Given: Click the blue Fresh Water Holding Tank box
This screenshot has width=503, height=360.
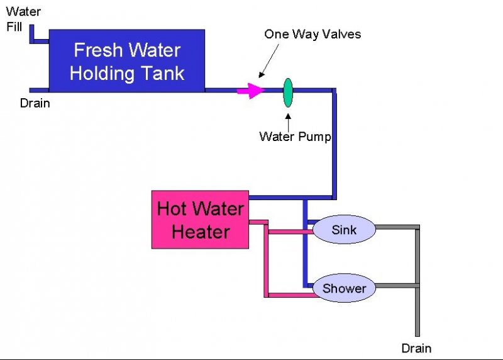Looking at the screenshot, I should tap(126, 60).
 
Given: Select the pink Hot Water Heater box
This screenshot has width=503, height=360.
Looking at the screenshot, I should tap(200, 219).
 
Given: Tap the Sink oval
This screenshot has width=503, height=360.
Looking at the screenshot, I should tap(344, 230).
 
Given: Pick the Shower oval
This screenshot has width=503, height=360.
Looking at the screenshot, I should tap(344, 289).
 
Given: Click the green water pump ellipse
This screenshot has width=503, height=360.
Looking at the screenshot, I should tap(287, 92).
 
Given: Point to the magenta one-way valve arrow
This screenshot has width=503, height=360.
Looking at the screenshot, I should tap(250, 91).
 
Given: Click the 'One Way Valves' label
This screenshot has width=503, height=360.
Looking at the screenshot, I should tap(312, 34).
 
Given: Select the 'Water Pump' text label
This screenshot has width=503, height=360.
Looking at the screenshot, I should tap(295, 137).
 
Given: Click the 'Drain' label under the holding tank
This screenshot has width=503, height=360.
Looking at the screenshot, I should tap(35, 103).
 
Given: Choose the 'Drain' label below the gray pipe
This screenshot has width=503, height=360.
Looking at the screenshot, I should tap(416, 348).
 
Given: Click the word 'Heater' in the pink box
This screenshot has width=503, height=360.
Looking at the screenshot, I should tap(200, 232).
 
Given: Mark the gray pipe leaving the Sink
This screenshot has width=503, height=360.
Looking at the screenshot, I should tap(396, 227).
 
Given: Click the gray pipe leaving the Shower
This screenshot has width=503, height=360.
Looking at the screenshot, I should tap(396, 286).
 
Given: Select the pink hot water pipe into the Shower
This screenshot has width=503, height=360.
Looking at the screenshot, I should tap(289, 294).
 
